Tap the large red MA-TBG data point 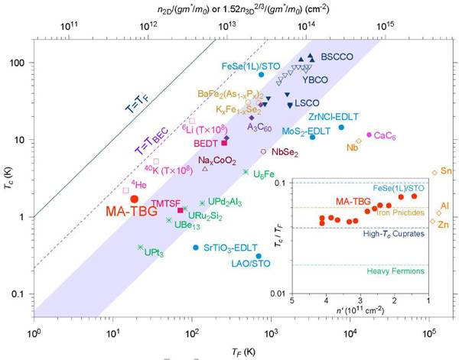(x=135, y=199)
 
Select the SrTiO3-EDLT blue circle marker (x=196, y=248)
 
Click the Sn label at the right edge (x=446, y=170)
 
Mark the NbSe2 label (x=285, y=153)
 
